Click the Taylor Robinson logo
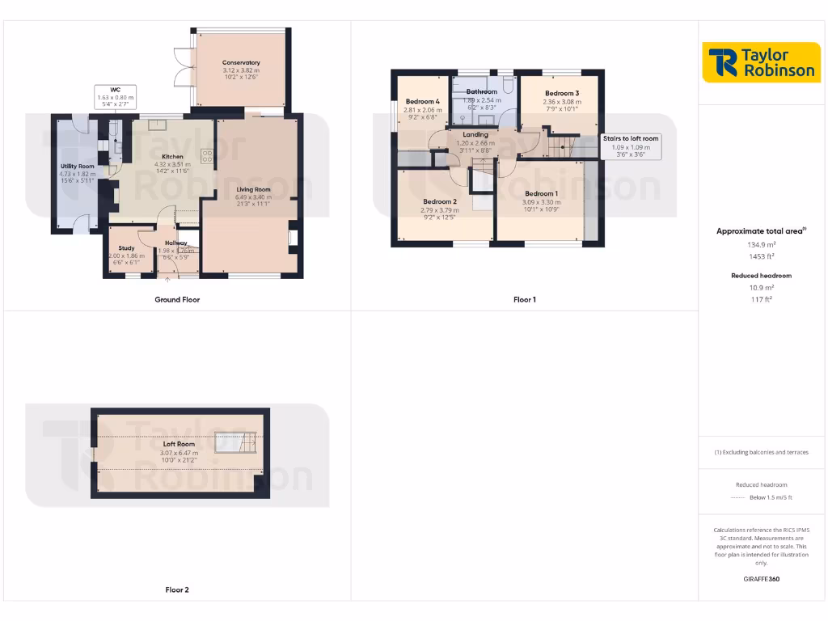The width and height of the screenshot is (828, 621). click(x=761, y=62)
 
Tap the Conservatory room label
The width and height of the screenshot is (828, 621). click(x=241, y=63)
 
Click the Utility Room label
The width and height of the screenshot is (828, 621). click(x=77, y=167)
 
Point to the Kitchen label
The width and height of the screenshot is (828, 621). click(x=172, y=157)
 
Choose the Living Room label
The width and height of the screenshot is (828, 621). click(x=253, y=190)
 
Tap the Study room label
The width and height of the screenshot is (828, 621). click(x=126, y=248)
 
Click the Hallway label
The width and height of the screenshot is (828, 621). click(x=175, y=243)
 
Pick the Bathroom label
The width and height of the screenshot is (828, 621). click(x=481, y=92)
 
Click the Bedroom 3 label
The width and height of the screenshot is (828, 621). click(x=561, y=94)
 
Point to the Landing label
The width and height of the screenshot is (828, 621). click(x=475, y=135)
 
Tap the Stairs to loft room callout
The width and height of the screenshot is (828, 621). click(x=631, y=138)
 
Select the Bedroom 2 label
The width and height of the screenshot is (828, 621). click(x=439, y=202)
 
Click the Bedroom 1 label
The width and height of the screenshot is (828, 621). click(x=541, y=194)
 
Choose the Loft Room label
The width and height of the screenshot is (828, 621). click(x=179, y=444)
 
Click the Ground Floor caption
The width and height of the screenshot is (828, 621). click(x=177, y=300)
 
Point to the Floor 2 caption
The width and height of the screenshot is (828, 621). click(x=177, y=590)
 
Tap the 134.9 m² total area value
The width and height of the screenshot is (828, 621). click(x=760, y=243)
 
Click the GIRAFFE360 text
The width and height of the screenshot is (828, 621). click(x=761, y=579)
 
